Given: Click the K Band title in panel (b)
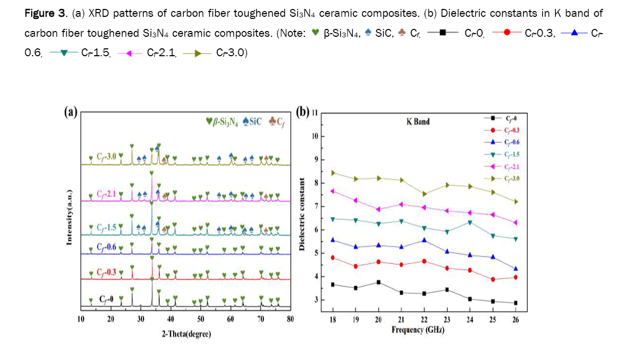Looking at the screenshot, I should (x=418, y=121).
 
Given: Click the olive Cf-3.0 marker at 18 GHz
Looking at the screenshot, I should (x=333, y=172).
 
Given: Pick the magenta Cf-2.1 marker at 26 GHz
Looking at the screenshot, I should (x=515, y=223).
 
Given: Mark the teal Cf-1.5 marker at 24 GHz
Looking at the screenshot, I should (x=469, y=222).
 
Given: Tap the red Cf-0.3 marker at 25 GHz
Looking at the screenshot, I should (x=493, y=279).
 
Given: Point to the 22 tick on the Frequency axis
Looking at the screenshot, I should (x=424, y=319).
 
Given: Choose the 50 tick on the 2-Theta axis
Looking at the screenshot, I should (x=200, y=319).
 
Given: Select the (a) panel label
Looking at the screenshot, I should (x=70, y=111).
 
